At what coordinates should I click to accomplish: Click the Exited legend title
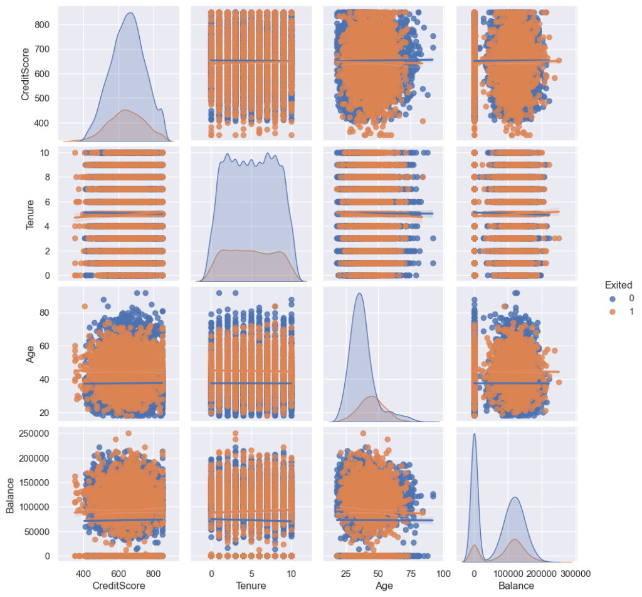pyautogui.click(x=618, y=284)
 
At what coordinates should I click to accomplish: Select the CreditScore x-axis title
pyautogui.click(x=119, y=586)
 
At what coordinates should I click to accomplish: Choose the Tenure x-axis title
pyautogui.click(x=250, y=586)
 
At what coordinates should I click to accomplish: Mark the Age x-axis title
pyautogui.click(x=384, y=586)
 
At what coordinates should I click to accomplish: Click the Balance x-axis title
pyautogui.click(x=516, y=586)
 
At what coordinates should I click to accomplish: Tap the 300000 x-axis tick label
pyautogui.click(x=573, y=573)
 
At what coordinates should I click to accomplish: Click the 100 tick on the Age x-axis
pyautogui.click(x=443, y=573)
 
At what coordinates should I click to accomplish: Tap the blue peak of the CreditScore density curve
pyautogui.click(x=130, y=13)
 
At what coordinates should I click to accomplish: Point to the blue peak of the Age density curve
pyautogui.click(x=359, y=293)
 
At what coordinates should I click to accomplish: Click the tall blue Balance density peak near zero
pyautogui.click(x=474, y=433)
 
